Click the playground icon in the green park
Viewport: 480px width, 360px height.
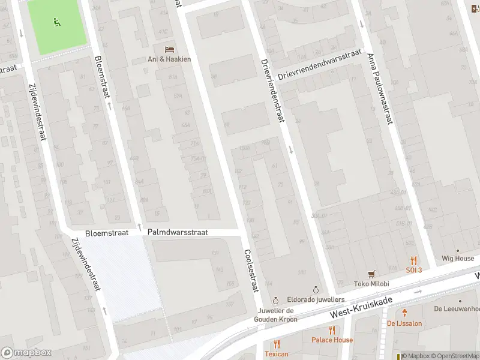(x=58, y=23)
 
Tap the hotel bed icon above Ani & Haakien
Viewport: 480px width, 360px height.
(x=169, y=49)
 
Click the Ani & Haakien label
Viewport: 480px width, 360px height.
(x=169, y=59)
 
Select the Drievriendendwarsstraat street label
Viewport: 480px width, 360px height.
(x=319, y=65)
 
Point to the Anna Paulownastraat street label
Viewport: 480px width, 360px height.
(x=380, y=89)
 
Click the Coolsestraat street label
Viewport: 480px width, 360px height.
(x=251, y=271)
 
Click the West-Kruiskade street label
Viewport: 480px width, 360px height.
(x=361, y=307)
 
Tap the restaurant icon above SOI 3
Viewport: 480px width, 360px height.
(x=413, y=260)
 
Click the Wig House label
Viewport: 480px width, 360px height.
(x=457, y=259)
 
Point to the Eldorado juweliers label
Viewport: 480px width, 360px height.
(x=316, y=299)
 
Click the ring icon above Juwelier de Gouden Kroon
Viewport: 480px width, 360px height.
(x=275, y=300)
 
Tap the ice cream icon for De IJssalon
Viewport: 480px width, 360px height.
(x=405, y=312)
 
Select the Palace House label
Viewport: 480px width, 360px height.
(x=332, y=340)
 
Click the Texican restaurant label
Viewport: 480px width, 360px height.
(x=276, y=354)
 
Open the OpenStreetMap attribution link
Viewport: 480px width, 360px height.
(x=456, y=356)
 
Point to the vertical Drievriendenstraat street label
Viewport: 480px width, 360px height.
(x=272, y=91)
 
